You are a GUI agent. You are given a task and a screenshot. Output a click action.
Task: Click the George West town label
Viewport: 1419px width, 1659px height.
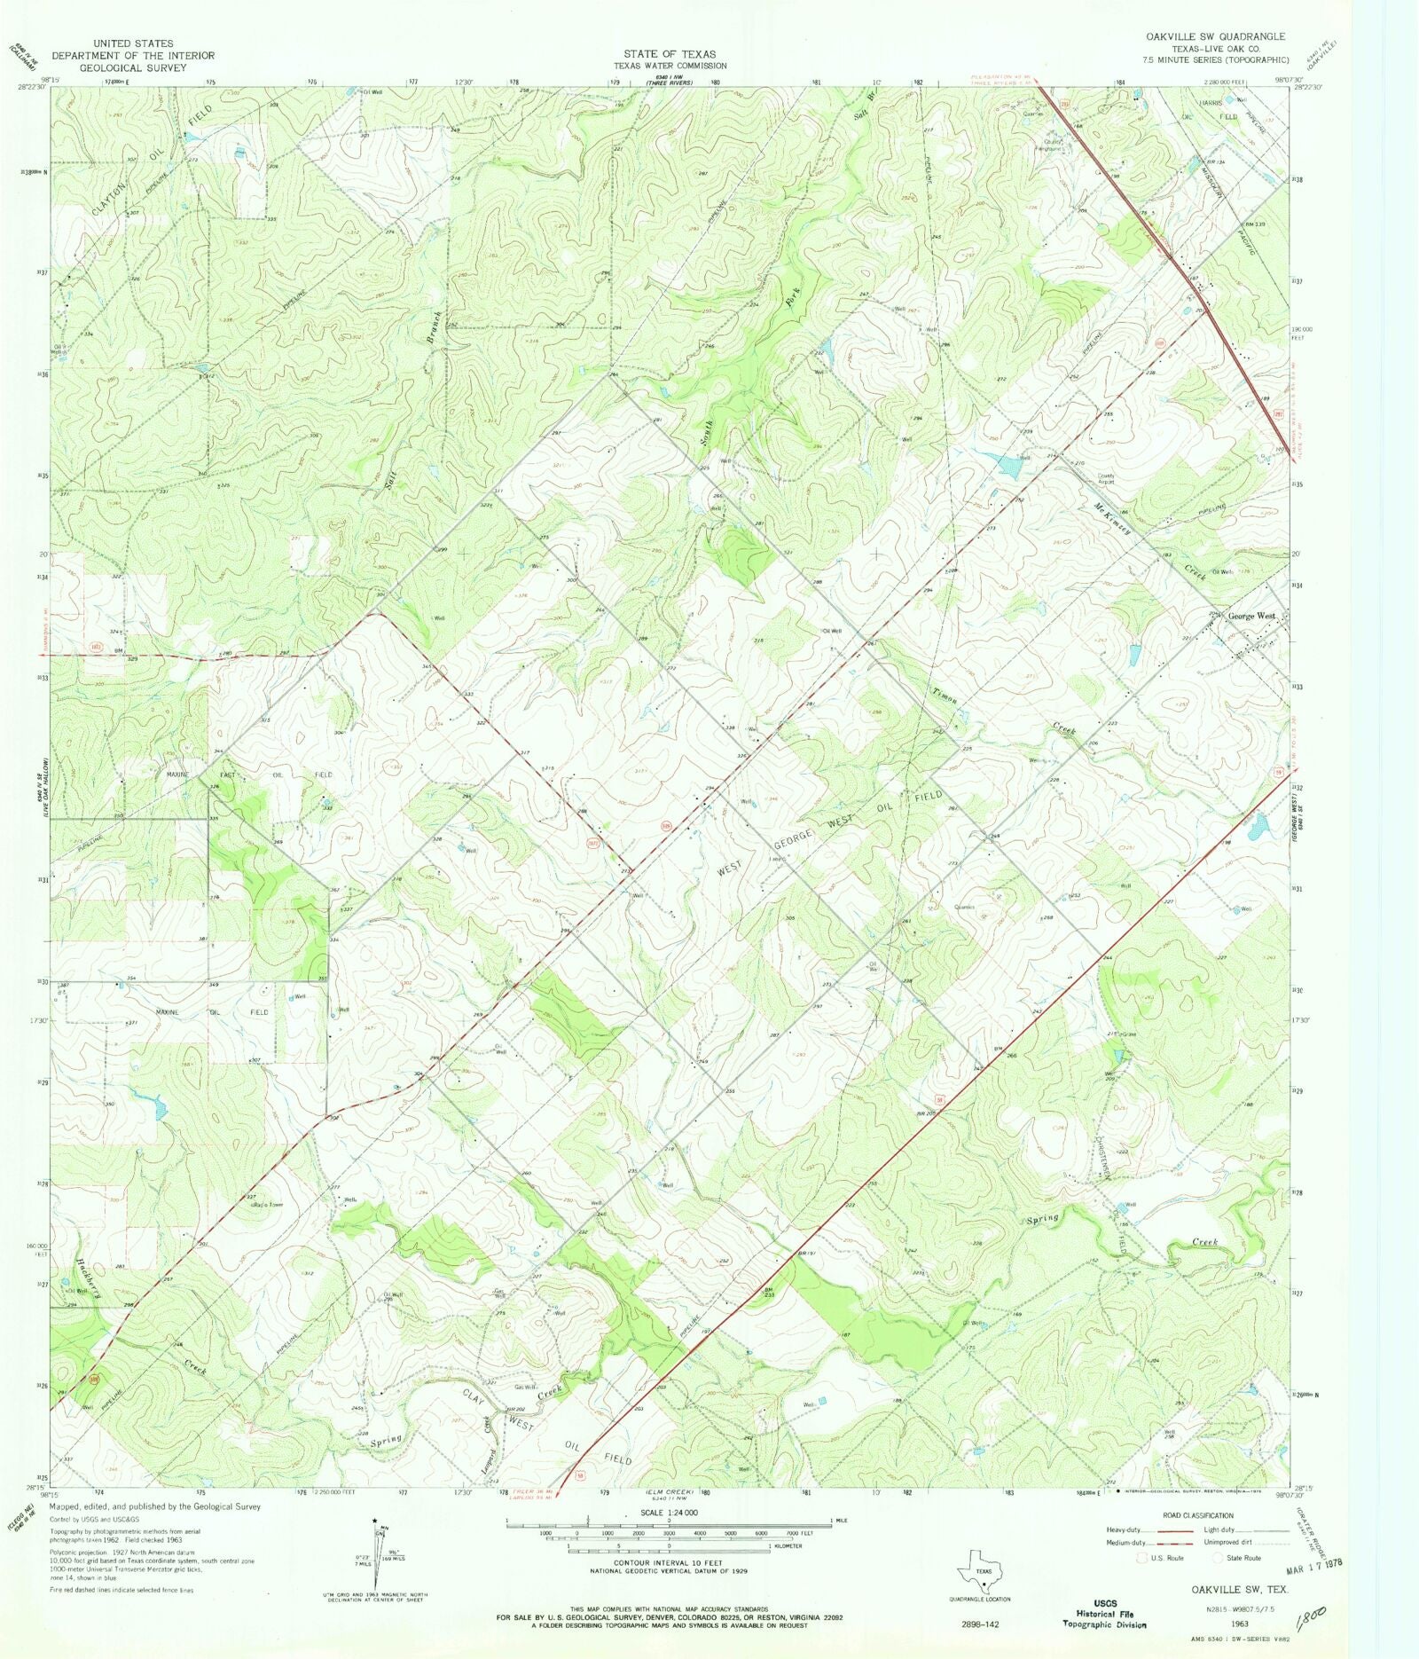coord(1250,616)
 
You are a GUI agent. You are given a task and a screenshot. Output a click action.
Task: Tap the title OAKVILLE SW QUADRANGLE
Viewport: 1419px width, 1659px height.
coord(1214,36)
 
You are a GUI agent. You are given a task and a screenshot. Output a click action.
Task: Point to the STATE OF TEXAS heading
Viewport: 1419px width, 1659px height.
coord(669,54)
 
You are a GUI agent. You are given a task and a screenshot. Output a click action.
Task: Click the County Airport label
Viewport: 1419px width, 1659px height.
coord(1106,477)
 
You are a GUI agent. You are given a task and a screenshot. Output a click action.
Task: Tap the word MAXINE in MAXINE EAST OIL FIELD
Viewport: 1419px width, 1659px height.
coord(178,774)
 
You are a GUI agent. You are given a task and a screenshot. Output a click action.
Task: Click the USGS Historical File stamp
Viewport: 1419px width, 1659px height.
coord(1104,1613)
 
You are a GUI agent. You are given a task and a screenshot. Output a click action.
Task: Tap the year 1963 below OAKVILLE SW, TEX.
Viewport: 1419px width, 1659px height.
coord(1239,1624)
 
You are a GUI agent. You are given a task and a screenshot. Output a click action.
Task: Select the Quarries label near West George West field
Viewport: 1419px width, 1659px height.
coord(964,907)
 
